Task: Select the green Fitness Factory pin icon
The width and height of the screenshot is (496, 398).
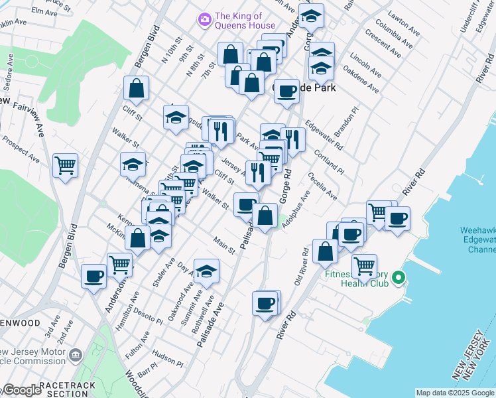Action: (x=398, y=277)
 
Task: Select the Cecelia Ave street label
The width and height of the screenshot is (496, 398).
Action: (x=322, y=187)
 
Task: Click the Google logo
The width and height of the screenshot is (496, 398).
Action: (x=21, y=390)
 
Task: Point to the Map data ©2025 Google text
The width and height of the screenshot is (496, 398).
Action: (x=455, y=393)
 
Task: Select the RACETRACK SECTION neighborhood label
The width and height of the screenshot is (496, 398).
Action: (x=67, y=389)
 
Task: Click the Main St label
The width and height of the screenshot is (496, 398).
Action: (x=224, y=245)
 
